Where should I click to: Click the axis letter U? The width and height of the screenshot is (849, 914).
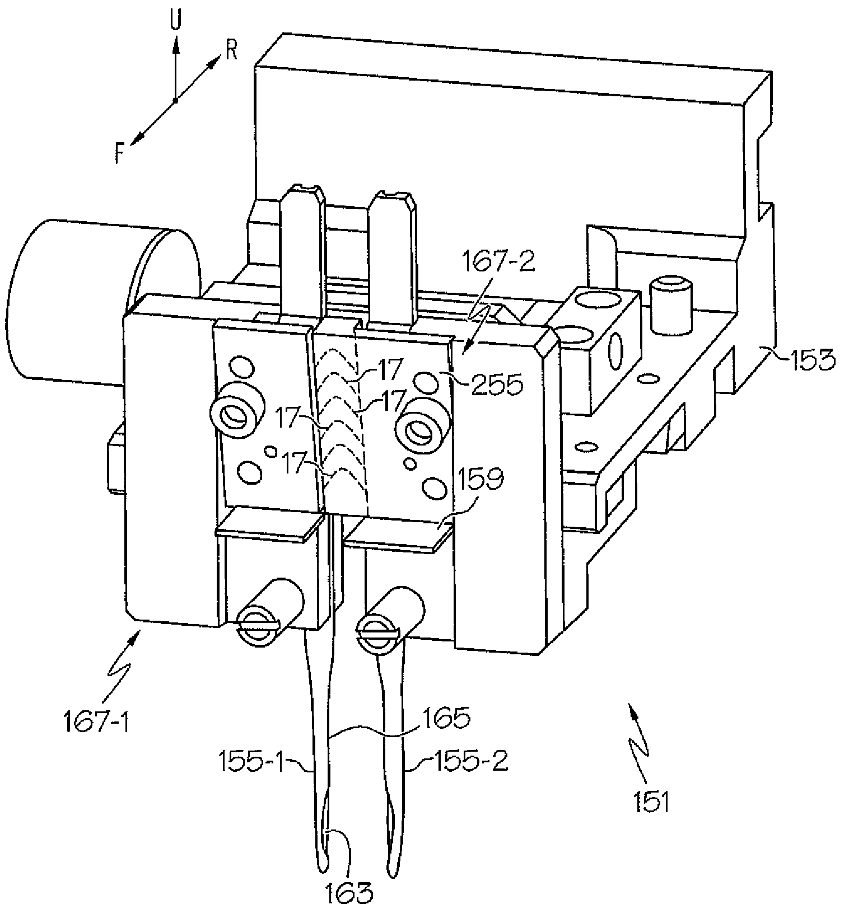176,21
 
